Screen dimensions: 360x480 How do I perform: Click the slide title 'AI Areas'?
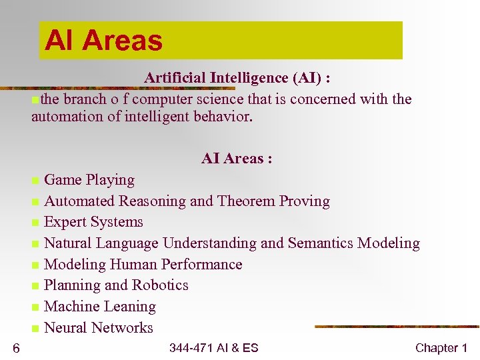[103, 41]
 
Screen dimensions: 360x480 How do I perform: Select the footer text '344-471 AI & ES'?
[213, 348]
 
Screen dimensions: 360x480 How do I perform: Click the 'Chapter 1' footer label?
[441, 348]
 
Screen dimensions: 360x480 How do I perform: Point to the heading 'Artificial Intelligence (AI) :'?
[237, 78]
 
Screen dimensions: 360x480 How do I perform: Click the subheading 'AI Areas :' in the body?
[236, 159]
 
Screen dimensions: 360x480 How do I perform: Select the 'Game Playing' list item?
[89, 180]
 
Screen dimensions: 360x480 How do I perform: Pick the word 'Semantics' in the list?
[321, 243]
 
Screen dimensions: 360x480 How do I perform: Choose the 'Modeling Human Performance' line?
[143, 265]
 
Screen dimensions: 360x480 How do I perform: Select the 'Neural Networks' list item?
[98, 328]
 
